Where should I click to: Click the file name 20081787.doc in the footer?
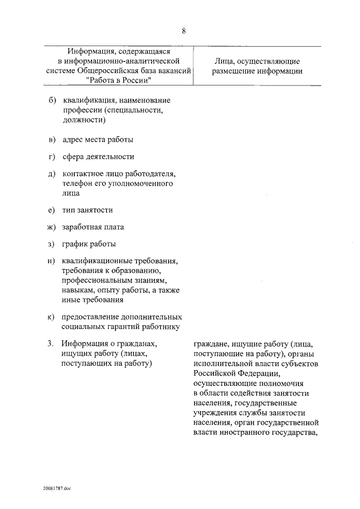point(57,489)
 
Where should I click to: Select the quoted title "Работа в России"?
point(120,80)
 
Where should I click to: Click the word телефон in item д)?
point(80,183)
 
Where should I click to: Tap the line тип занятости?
point(87,210)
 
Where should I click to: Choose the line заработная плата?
point(93,227)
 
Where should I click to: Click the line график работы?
point(89,244)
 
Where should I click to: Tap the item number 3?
point(50,344)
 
